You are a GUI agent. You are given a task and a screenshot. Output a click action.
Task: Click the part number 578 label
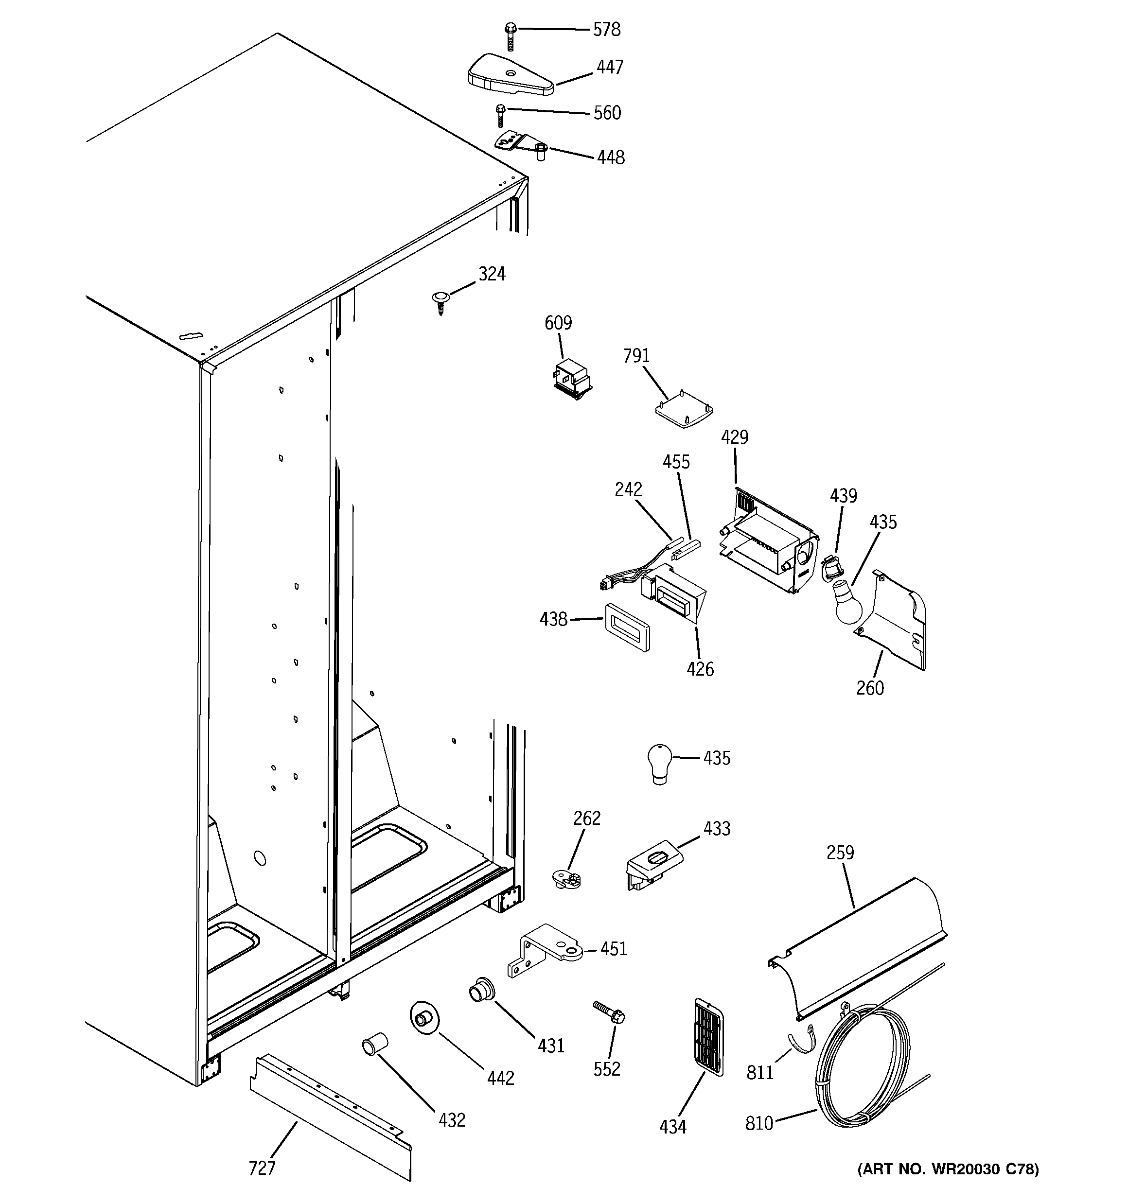click(606, 29)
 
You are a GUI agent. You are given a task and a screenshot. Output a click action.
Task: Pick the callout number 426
click(700, 669)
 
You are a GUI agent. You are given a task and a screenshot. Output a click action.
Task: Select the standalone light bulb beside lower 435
click(659, 763)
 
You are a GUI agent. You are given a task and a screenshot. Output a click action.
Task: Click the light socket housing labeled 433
click(652, 864)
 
